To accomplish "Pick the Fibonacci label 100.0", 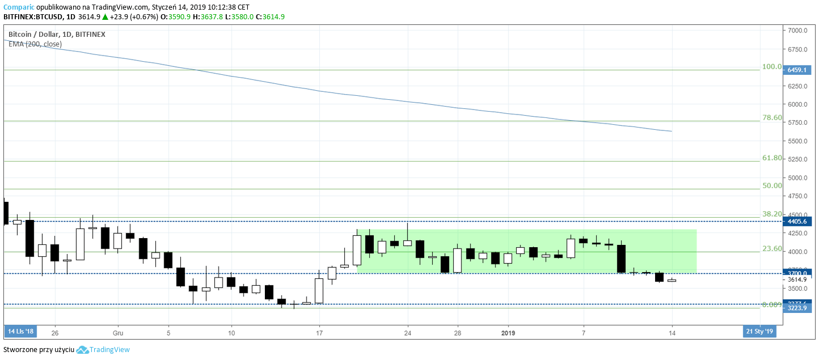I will pyautogui.click(x=772, y=67).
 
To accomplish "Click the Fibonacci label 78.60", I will pyautogui.click(x=772, y=118).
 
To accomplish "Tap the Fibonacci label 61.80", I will pyautogui.click(x=772, y=158).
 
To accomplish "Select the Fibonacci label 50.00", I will pyautogui.click(x=772, y=186).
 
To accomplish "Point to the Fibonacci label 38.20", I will pyautogui.click(x=772, y=214).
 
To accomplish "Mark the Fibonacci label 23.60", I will pyautogui.click(x=772, y=249).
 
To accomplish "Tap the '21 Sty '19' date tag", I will pyautogui.click(x=759, y=332).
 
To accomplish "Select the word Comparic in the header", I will pyautogui.click(x=19, y=7).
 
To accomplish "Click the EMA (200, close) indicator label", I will pyautogui.click(x=35, y=44).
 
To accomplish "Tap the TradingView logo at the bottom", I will pyautogui.click(x=103, y=350).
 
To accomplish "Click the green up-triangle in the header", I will pyautogui.click(x=105, y=17).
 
